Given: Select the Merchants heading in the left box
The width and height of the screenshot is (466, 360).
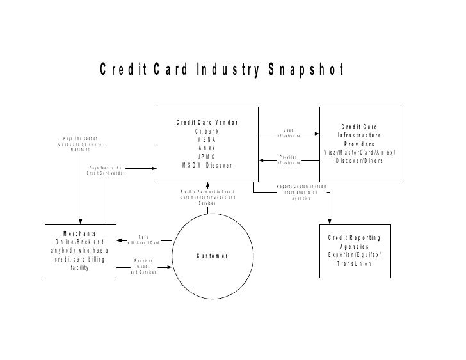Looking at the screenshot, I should pyautogui.click(x=79, y=233).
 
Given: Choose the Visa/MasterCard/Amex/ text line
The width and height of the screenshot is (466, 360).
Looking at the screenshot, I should pyautogui.click(x=359, y=152).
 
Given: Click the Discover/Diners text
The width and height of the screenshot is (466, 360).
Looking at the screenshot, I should pyautogui.click(x=359, y=160).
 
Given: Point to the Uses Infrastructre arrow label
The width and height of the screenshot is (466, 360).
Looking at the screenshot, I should pyautogui.click(x=288, y=133).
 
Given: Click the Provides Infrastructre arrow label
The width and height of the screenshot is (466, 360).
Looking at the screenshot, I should pyautogui.click(x=288, y=160).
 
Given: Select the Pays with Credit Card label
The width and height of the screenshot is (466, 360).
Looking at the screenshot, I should pyautogui.click(x=143, y=240).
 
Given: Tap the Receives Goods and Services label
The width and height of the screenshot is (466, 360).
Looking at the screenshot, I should pyautogui.click(x=143, y=266).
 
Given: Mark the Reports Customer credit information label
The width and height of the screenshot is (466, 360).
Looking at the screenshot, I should pyautogui.click(x=301, y=192).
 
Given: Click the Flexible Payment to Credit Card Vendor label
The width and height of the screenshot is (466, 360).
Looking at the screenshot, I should pyautogui.click(x=207, y=197).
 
